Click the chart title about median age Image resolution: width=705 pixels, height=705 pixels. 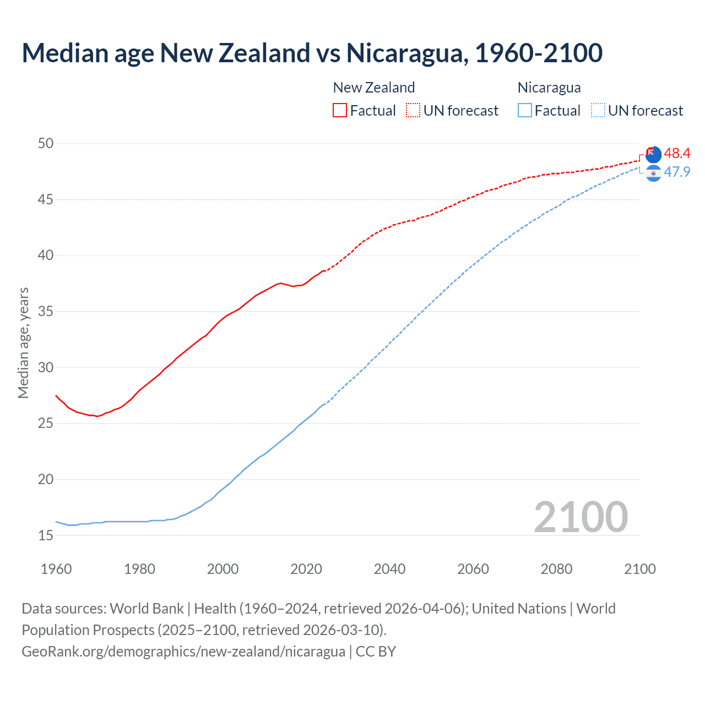pos(312,53)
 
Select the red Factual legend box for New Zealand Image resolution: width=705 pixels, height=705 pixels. pos(340,110)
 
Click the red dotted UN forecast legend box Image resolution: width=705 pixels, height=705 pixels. pos(413,110)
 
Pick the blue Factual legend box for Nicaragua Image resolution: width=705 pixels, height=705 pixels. pos(525,110)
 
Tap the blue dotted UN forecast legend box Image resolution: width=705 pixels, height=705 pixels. pos(598,110)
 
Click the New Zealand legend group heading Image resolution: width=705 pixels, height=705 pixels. pos(373,88)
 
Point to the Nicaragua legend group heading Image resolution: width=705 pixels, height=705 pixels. pos(549,88)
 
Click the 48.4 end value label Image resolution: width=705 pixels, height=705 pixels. pos(677,153)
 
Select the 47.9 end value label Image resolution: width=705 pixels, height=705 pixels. pos(677,172)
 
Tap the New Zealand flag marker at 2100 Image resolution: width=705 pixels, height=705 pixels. pos(653,155)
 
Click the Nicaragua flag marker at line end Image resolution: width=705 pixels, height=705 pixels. pos(653,173)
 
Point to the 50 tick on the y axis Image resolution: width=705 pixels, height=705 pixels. pos(46,143)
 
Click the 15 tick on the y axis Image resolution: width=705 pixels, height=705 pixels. pos(46,535)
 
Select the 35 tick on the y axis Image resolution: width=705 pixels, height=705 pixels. pos(46,311)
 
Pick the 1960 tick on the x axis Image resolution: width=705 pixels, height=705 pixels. pos(56,569)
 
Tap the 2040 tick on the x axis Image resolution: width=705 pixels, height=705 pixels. pos(389,569)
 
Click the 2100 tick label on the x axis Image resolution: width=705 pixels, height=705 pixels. pos(639,569)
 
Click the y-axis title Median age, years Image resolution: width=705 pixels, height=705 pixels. pos(23,343)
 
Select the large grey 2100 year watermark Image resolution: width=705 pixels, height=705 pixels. pos(581,517)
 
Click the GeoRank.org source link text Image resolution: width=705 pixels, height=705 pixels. pos(183,652)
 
